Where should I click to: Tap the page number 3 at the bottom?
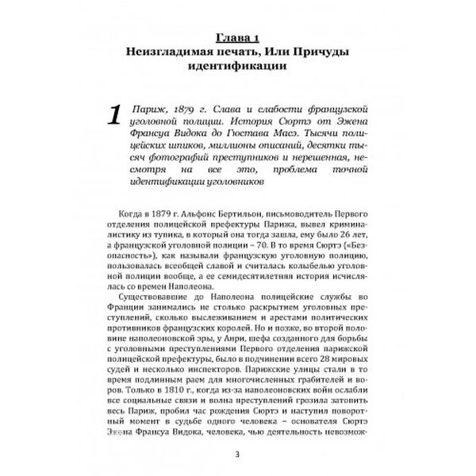(x=238, y=453)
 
